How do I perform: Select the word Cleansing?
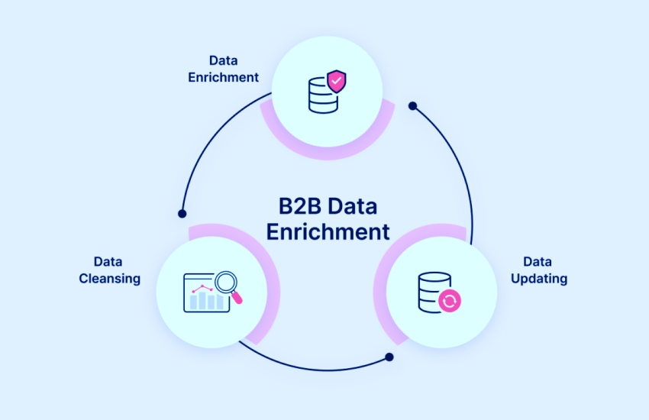(110, 279)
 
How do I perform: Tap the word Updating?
(539, 279)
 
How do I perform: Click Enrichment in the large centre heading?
(328, 231)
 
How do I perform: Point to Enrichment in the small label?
(224, 77)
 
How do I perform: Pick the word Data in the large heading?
(355, 207)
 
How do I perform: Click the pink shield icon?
(336, 81)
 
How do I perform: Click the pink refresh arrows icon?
(450, 301)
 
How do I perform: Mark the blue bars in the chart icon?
(205, 302)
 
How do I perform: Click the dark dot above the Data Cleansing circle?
(182, 214)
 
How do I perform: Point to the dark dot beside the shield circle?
(412, 106)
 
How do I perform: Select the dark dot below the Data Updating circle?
(389, 357)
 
